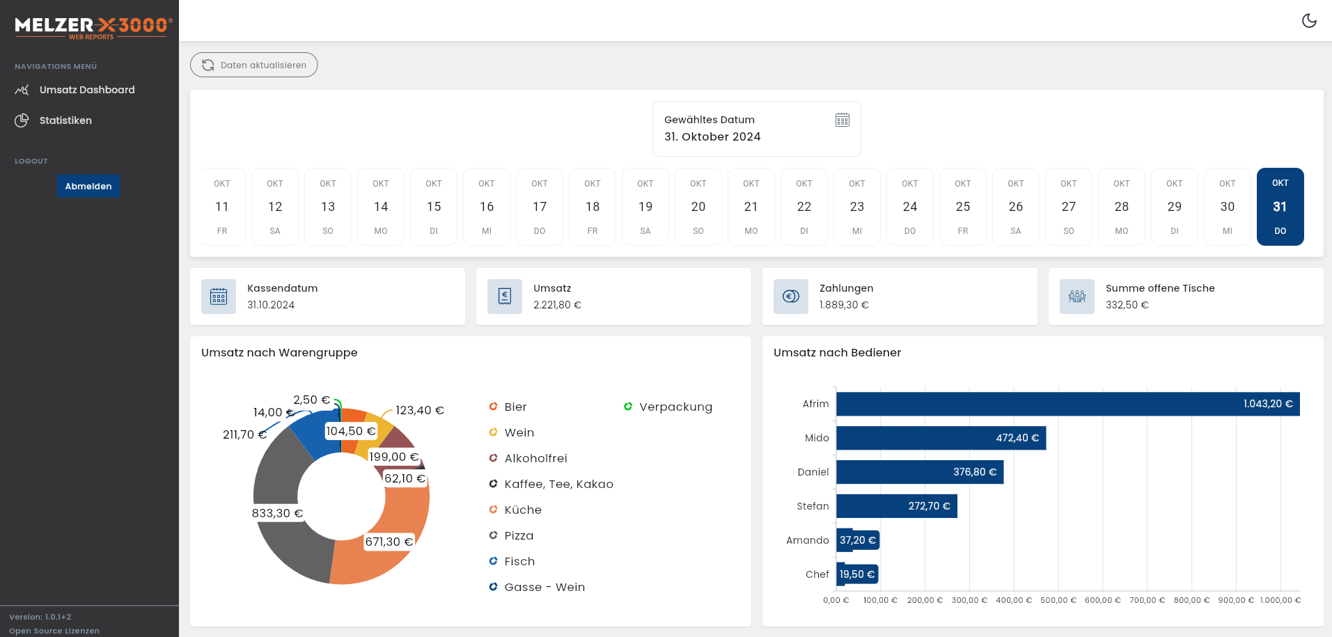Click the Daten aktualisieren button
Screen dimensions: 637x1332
[x=254, y=65]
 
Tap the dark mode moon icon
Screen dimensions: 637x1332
[x=1309, y=21]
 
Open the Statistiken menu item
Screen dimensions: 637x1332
[x=65, y=120]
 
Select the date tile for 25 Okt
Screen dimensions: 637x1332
[x=962, y=207]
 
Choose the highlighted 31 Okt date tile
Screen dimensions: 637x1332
[x=1280, y=207]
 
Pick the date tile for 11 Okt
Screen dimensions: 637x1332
[x=222, y=207]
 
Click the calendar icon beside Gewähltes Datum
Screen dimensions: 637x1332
[x=843, y=120]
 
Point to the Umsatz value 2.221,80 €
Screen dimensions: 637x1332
[x=557, y=305]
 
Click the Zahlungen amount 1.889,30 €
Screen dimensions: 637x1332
[x=844, y=305]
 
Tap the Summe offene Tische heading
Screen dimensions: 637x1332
[x=1160, y=288]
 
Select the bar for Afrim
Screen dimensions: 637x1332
[x=1067, y=404]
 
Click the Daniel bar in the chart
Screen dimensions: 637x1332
[x=919, y=472]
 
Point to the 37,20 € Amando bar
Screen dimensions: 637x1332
[x=858, y=540]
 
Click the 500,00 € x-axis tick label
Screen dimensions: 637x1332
[x=1058, y=600]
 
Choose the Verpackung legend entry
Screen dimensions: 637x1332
[x=675, y=407]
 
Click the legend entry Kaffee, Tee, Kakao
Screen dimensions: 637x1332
[x=558, y=484]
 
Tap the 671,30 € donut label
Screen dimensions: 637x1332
[x=389, y=542]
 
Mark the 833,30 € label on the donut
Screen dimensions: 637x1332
[x=277, y=513]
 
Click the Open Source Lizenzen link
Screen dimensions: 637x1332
[x=54, y=631]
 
